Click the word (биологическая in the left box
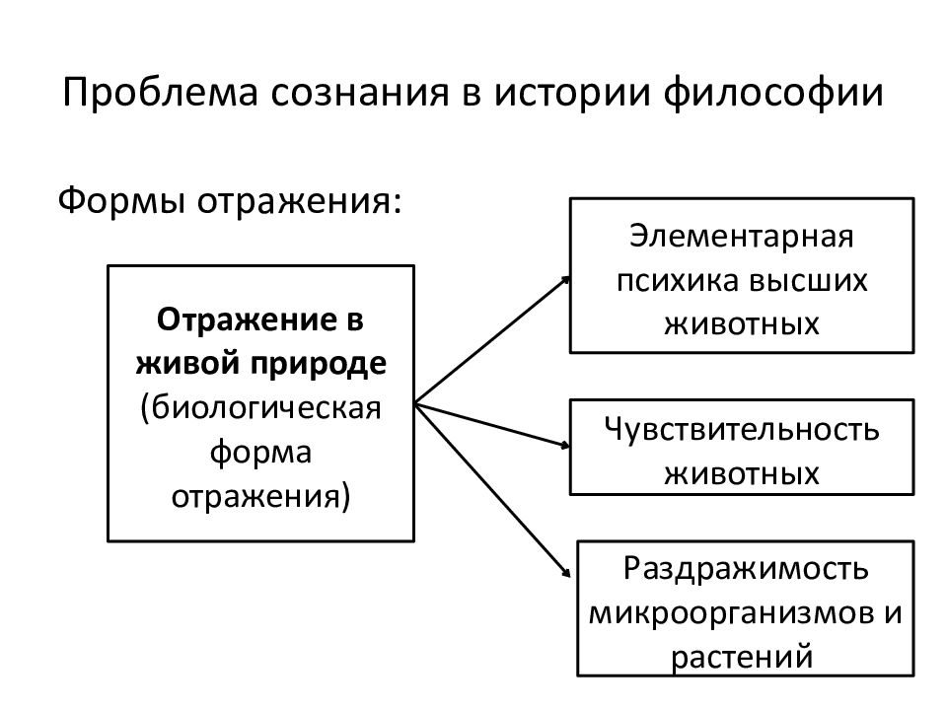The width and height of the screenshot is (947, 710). coord(260,406)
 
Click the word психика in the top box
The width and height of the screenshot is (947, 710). coord(673,280)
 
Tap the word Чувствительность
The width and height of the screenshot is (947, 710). coord(742,430)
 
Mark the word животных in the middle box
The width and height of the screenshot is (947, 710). coord(742,472)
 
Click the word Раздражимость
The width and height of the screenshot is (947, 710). coord(746,569)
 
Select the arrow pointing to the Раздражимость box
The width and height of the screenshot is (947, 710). coord(493,488)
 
